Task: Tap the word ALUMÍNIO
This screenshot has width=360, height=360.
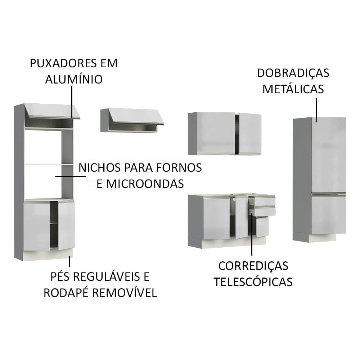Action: tap(74, 79)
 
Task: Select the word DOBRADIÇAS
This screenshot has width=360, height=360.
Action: tap(293, 73)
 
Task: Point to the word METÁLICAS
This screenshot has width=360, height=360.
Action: tap(293, 89)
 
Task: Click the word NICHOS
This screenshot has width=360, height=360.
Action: tap(99, 168)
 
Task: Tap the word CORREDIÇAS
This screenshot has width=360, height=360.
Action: tap(253, 266)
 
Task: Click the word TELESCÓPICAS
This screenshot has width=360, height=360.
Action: tap(253, 282)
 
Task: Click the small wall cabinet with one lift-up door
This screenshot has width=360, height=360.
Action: tap(132, 120)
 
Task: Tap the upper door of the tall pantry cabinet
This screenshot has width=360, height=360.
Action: tap(329, 155)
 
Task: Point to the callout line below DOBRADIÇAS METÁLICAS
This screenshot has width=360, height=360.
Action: tap(316, 110)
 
